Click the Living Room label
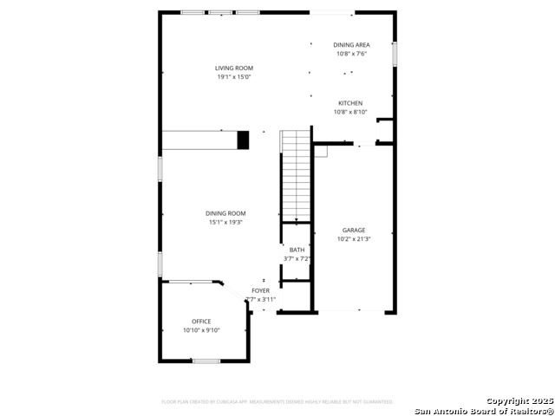pos(234,68)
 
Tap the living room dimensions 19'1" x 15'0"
pos(234,77)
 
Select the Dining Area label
pos(351,44)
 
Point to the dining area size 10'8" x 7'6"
pos(351,54)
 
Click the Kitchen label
pos(350,102)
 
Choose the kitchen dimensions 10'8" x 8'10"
pos(350,112)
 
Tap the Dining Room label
pos(225,213)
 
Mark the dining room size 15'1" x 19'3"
pos(225,223)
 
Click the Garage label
pos(354,230)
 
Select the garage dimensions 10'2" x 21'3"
pos(354,239)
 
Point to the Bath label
pos(297,250)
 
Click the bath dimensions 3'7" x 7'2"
pos(297,258)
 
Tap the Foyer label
pos(260,290)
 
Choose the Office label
pos(201,322)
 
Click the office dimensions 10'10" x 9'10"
pos(201,330)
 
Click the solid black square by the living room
pos(243,140)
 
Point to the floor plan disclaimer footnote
pos(277,401)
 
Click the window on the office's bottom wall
pos(206,361)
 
